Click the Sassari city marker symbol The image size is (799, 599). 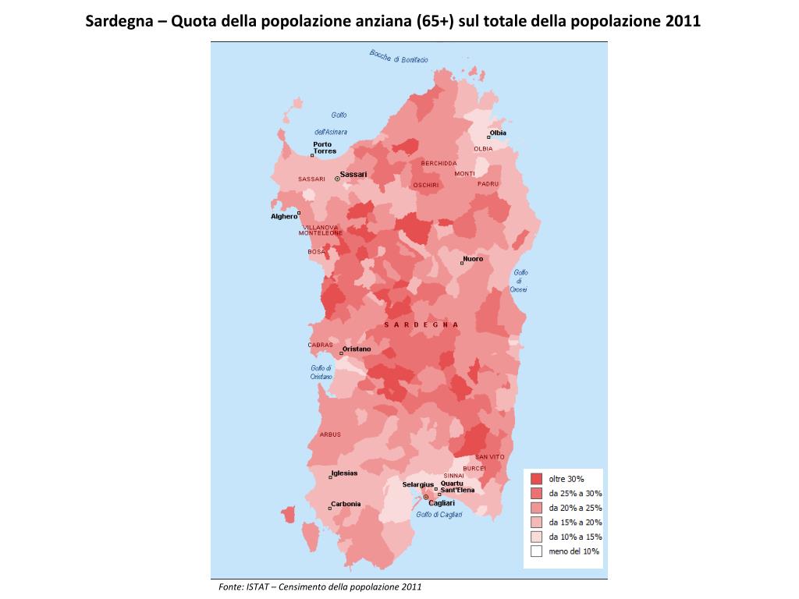point(337,179)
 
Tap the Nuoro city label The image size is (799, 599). point(473,258)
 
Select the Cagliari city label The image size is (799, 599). point(442,503)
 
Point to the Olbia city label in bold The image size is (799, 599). point(498,133)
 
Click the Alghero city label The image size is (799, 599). point(284,216)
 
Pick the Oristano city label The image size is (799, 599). point(357,349)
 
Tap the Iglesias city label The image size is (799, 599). point(344,473)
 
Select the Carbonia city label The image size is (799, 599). point(346,504)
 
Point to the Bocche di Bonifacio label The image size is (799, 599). point(398,57)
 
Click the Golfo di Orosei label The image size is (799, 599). point(520,281)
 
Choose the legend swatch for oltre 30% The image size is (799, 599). point(536,478)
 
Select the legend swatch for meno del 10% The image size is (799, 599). point(536,551)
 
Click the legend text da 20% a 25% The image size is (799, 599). point(575,508)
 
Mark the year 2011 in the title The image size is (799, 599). point(684,21)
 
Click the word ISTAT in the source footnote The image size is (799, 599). point(256,587)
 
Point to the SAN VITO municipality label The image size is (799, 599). point(490,456)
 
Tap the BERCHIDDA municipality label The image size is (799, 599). point(439,163)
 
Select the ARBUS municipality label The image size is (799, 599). point(330,434)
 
